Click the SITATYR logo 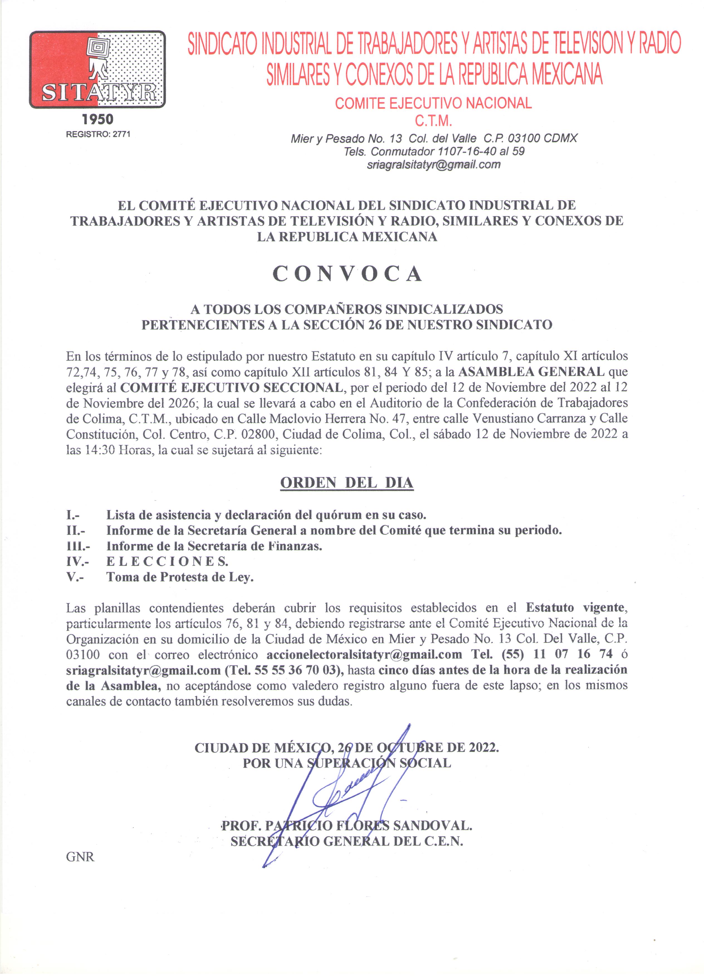(x=97, y=69)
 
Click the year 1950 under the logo (x=98, y=119)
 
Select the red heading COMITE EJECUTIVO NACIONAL (x=433, y=103)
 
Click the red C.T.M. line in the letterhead (x=433, y=121)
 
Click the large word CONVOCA (x=347, y=274)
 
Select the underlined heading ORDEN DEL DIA (x=347, y=483)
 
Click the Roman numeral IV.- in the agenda (x=77, y=561)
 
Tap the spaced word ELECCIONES (x=167, y=561)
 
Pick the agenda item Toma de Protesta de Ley (x=180, y=577)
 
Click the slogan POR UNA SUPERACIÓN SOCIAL (x=347, y=763)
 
